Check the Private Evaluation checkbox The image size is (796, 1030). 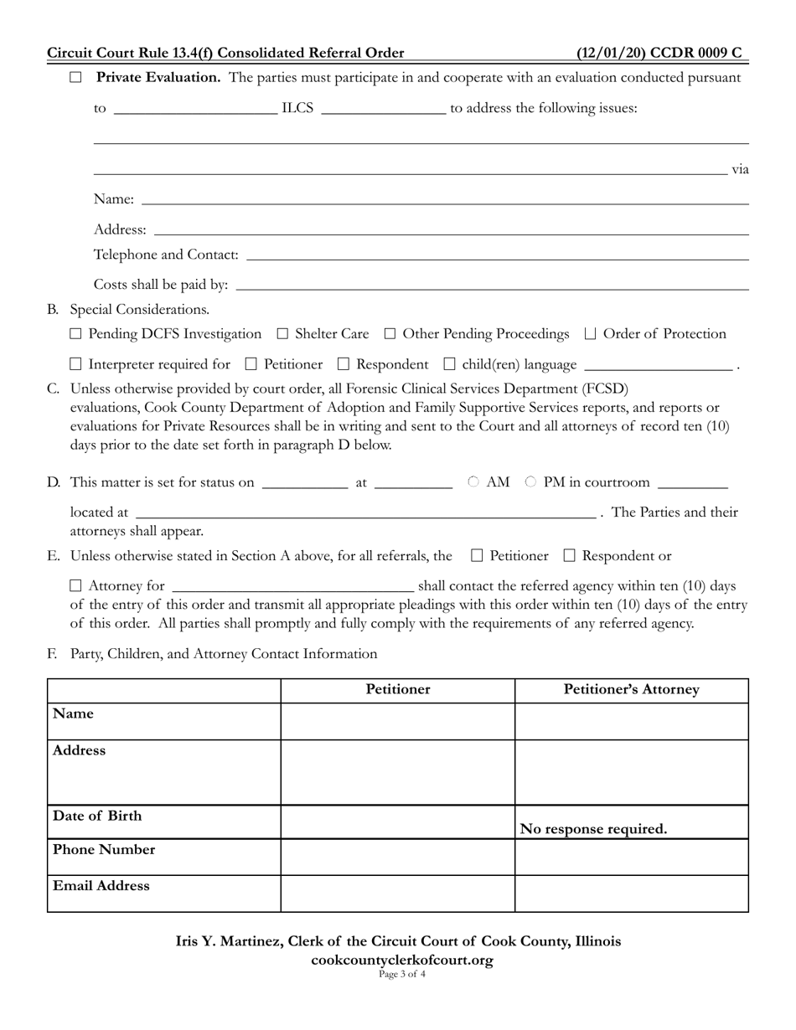point(76,78)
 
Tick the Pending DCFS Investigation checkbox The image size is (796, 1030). point(76,334)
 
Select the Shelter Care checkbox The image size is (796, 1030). point(282,334)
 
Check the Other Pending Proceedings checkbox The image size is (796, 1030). point(390,334)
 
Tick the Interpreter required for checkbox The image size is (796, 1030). point(76,364)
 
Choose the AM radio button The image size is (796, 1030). point(473,482)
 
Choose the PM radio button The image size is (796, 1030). point(530,482)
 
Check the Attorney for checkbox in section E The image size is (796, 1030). point(76,585)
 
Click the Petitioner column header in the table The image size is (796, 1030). point(398,690)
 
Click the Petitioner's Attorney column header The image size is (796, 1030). point(631,690)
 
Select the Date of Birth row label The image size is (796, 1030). point(97,816)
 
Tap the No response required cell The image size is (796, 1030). point(594,829)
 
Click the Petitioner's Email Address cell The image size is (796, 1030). point(398,893)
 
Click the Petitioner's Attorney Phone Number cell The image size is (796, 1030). point(631,857)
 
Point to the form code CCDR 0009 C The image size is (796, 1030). point(659,53)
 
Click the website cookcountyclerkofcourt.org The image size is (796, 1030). point(398,960)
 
